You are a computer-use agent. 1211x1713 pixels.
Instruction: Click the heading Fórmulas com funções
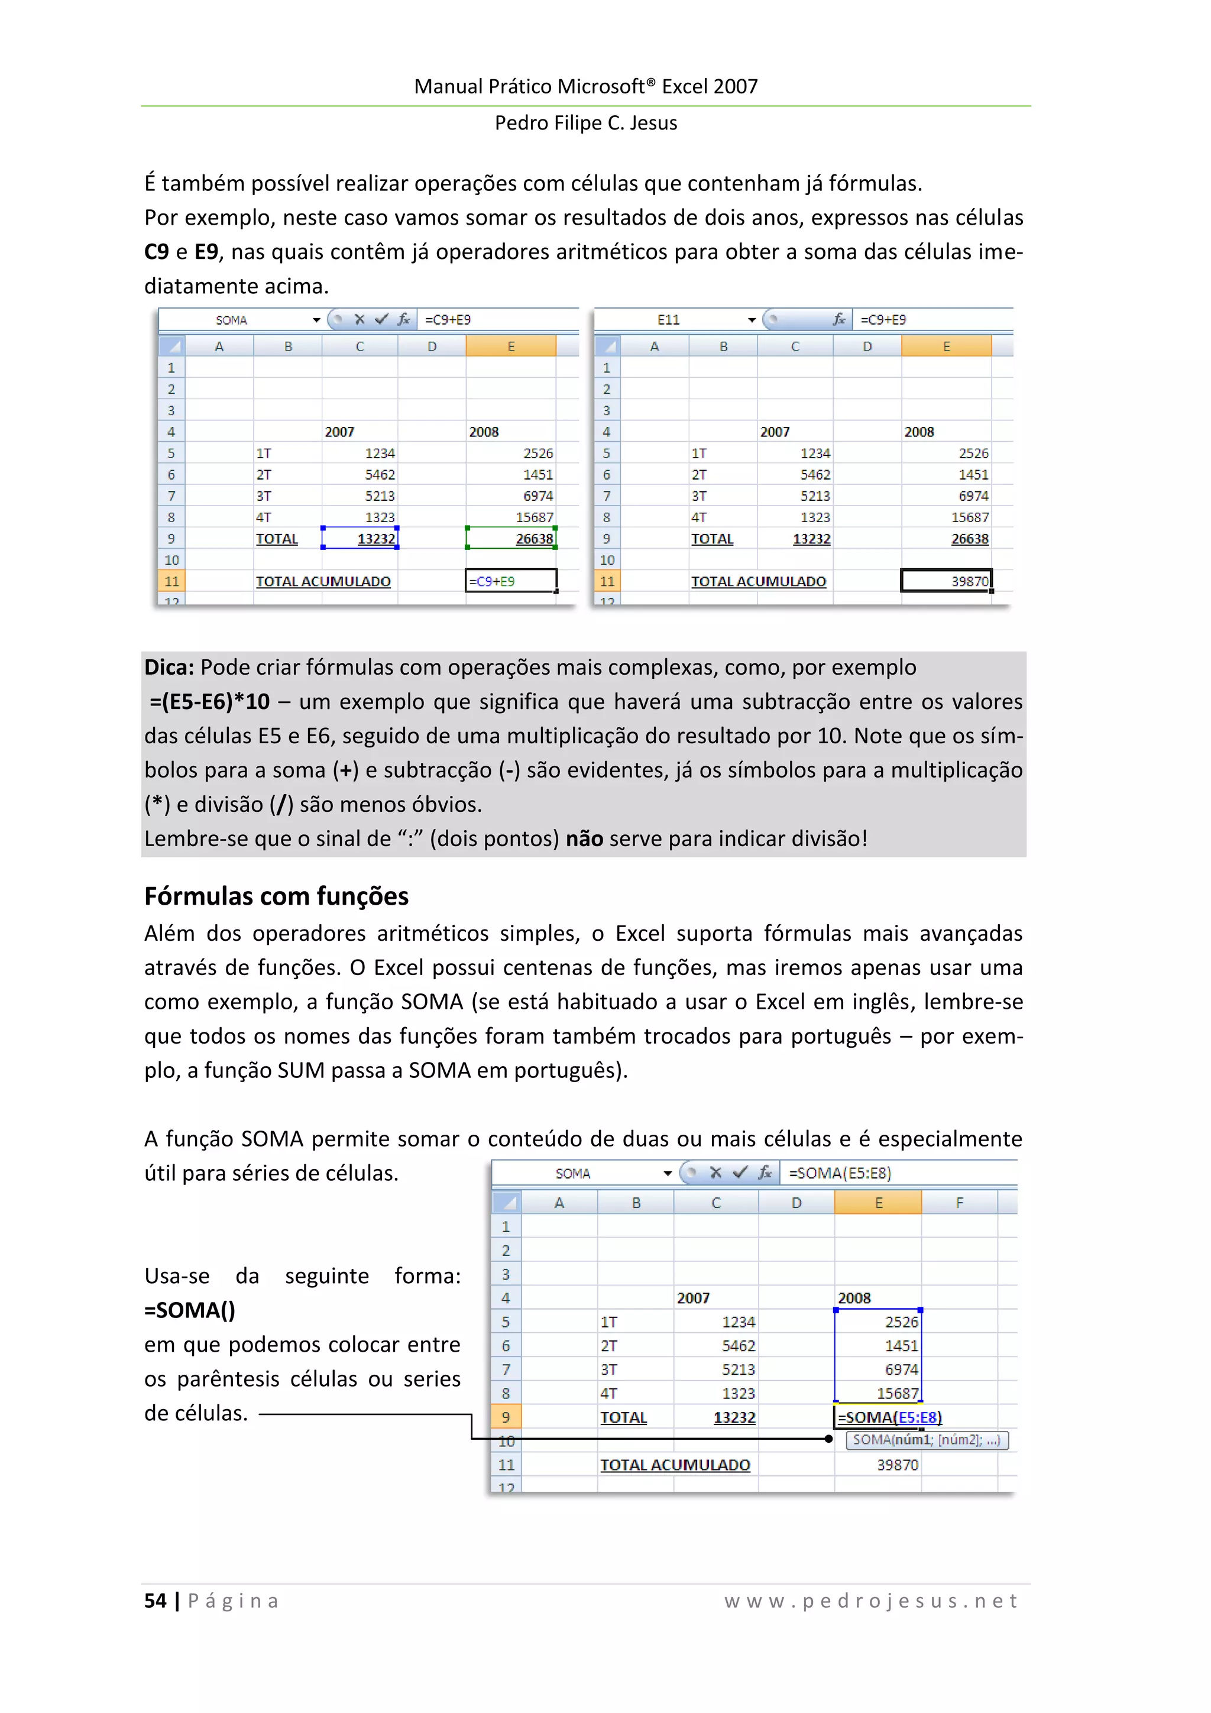[x=276, y=895]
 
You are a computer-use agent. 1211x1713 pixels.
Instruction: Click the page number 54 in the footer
[x=155, y=1600]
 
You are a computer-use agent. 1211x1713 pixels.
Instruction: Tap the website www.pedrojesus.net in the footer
[x=871, y=1600]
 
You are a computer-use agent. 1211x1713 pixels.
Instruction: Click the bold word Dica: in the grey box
[x=169, y=667]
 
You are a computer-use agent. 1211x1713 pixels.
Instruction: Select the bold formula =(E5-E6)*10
[x=210, y=701]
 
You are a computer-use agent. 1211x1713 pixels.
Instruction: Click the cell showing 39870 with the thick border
[x=946, y=581]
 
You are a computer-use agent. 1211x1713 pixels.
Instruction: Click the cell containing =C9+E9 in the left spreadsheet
[x=510, y=581]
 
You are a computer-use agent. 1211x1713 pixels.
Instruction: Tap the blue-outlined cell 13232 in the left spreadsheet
[x=360, y=538]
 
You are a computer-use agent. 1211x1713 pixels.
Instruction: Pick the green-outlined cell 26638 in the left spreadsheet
[x=511, y=538]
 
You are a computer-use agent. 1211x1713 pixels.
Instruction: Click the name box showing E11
[x=669, y=319]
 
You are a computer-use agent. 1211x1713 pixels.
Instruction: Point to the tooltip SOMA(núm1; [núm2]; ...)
[x=926, y=1440]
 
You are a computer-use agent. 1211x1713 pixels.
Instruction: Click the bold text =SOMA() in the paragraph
[x=190, y=1310]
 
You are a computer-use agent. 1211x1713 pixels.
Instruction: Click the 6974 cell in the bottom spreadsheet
[x=878, y=1369]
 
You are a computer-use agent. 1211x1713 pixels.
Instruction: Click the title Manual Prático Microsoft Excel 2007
[x=586, y=86]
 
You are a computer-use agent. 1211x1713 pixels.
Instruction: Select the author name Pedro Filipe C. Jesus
[x=586, y=123]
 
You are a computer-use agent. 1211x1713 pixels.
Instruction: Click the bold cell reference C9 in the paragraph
[x=156, y=252]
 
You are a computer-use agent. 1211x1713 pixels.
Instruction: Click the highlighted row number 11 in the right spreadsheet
[x=607, y=581]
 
